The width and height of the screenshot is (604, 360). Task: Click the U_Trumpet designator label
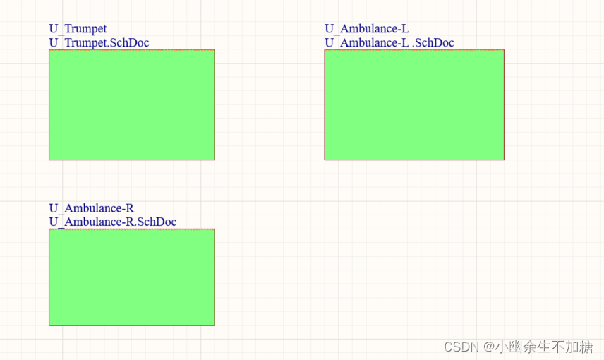coord(78,29)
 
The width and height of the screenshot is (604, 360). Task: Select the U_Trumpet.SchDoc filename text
coord(99,43)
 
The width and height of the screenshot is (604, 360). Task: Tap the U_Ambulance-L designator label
coord(366,29)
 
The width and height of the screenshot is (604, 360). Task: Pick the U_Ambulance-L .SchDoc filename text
coord(389,43)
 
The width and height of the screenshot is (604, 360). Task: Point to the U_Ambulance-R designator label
coord(91,208)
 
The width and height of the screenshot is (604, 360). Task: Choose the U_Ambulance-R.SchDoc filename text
coord(112,222)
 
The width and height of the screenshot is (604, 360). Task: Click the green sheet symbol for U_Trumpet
coord(131,104)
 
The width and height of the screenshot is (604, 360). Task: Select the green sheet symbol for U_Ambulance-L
coord(414,104)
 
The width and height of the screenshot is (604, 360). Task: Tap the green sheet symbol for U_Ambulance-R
coord(131,277)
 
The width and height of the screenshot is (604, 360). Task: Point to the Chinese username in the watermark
coord(543,347)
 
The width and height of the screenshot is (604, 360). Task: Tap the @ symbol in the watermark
coord(488,347)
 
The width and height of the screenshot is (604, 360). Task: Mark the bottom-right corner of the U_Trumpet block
coord(215,160)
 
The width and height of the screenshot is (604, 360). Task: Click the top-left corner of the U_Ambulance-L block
coord(325,49)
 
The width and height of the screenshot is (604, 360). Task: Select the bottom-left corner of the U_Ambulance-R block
coord(49,325)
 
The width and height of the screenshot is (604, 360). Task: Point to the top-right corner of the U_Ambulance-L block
coord(504,49)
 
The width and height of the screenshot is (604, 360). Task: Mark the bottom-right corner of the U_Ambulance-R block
coord(215,325)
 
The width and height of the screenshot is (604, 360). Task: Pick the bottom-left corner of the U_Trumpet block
coord(49,160)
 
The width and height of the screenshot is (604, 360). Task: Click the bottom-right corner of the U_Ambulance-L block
coord(504,160)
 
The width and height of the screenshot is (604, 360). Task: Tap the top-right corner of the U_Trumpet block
coord(215,49)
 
